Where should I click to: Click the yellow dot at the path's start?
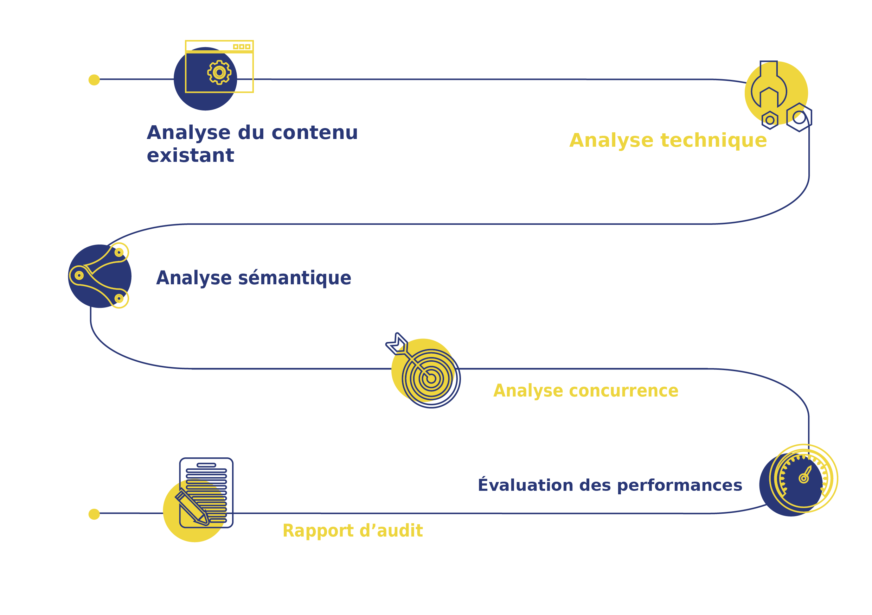94,80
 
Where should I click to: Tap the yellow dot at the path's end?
94,514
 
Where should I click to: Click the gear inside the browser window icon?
219,72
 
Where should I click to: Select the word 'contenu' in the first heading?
314,133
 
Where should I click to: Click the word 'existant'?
190,156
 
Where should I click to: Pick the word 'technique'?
714,140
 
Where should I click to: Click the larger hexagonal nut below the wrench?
799,118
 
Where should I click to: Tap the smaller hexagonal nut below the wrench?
770,120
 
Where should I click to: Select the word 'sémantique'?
294,278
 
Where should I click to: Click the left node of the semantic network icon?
79,275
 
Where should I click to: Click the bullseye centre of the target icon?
431,379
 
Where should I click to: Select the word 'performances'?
679,486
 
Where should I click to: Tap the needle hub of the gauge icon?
804,478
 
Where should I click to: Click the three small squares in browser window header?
242,46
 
